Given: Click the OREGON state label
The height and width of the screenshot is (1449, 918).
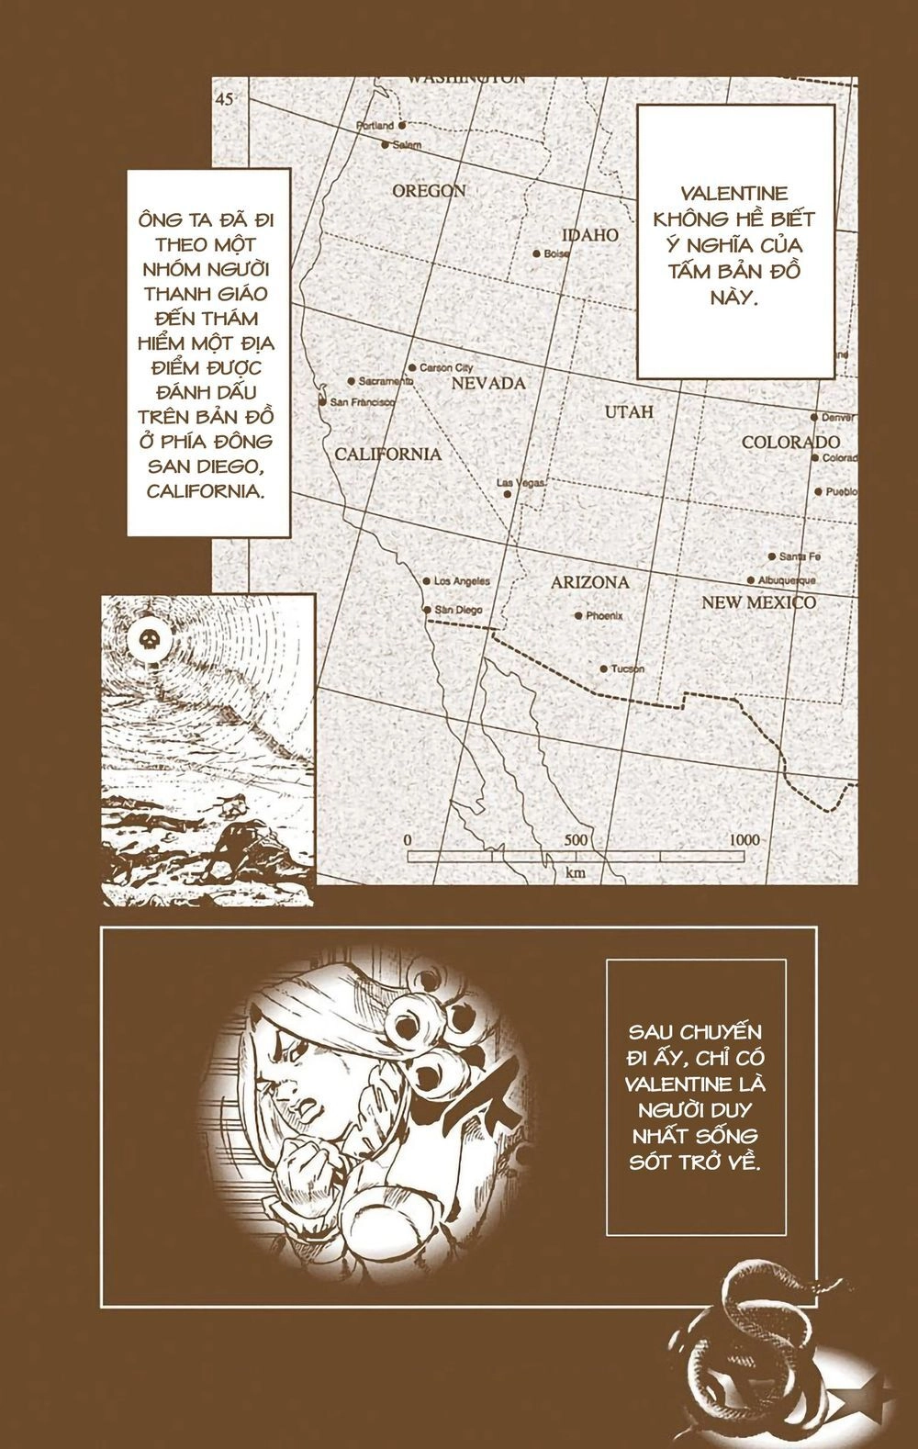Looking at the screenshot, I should click(429, 191).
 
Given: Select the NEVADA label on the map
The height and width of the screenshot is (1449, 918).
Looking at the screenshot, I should click(487, 383).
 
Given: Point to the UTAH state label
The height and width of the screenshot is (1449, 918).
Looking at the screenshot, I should click(629, 411).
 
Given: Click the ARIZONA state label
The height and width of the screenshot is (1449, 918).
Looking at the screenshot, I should click(589, 582).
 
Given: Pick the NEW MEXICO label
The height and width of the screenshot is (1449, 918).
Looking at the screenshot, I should click(758, 602).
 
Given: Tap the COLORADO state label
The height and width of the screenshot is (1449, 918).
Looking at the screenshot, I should click(790, 442).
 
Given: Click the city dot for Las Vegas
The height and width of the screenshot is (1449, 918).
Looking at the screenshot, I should click(507, 494).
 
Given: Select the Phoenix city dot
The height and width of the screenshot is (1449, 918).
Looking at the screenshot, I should click(577, 615).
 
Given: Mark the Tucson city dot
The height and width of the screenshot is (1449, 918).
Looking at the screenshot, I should click(603, 668).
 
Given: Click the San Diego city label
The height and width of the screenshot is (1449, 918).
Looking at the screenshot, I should click(458, 610).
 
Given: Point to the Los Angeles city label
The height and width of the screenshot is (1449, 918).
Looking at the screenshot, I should click(462, 581).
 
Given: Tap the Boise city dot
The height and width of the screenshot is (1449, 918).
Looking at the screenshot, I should click(537, 253).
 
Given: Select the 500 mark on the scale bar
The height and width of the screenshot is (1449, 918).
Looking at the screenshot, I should click(575, 840).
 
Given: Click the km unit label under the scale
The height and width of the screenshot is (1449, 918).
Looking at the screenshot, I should click(577, 872).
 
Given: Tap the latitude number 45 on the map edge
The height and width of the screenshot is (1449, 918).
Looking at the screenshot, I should click(226, 98).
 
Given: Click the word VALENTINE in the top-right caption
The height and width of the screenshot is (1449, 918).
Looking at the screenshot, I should click(736, 194).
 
